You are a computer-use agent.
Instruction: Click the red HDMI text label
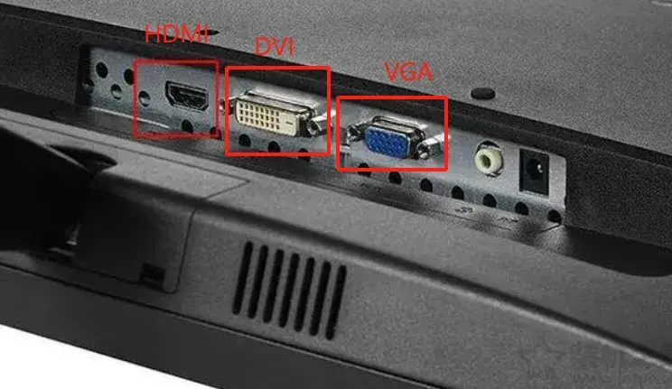[176, 33]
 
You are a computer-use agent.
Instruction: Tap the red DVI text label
[275, 46]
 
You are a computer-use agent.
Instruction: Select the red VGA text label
[408, 72]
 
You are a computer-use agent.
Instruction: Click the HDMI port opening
[187, 96]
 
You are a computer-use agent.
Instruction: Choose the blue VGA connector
[387, 138]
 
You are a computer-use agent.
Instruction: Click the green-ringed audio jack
[488, 159]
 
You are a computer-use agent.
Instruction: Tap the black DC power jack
[534, 171]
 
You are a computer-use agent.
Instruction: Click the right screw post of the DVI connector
[318, 125]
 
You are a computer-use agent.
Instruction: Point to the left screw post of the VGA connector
[354, 131]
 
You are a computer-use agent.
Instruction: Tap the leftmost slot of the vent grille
[241, 277]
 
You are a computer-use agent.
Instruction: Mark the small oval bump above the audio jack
[482, 93]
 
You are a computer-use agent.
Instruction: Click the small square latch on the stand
[152, 275]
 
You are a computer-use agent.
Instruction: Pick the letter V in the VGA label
[393, 72]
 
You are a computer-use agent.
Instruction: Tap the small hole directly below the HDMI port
[187, 125]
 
